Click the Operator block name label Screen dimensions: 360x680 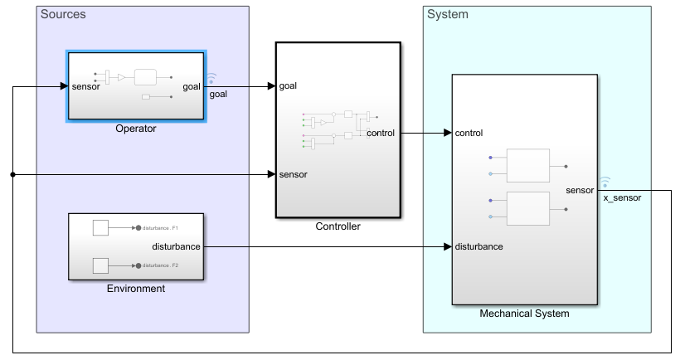[136, 129]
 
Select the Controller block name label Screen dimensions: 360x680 [338, 226]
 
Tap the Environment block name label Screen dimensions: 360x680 [136, 289]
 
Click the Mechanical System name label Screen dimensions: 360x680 [524, 314]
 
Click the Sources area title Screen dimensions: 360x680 [63, 15]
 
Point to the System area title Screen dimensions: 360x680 [447, 15]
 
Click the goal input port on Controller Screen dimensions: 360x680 [289, 85]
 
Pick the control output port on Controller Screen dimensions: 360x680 [381, 133]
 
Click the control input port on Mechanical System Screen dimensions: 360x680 [469, 133]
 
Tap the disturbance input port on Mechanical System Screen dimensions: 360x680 [478, 246]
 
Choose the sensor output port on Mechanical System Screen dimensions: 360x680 [580, 190]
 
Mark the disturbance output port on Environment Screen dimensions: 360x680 [177, 246]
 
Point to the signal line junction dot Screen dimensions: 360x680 [13, 175]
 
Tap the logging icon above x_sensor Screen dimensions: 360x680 [605, 180]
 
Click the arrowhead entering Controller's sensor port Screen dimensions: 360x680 [271, 175]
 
